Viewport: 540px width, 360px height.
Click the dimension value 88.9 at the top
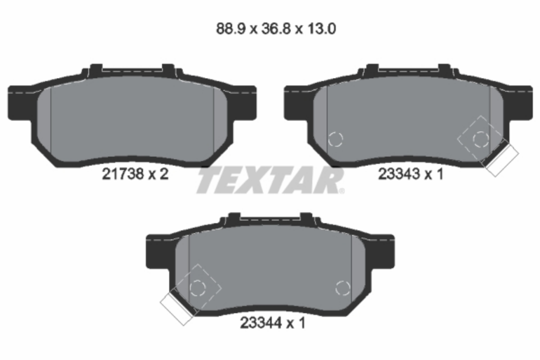click(x=231, y=29)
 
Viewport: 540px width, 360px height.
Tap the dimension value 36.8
click(x=276, y=29)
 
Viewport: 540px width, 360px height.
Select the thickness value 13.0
click(x=322, y=29)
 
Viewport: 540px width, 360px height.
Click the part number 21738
click(x=123, y=174)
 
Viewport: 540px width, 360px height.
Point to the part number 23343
click(x=399, y=174)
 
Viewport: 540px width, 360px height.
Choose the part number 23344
click(x=261, y=323)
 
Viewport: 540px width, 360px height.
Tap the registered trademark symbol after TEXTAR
click(x=342, y=191)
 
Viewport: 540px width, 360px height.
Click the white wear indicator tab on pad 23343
click(x=502, y=161)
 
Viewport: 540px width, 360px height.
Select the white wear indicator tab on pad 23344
click(x=177, y=309)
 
